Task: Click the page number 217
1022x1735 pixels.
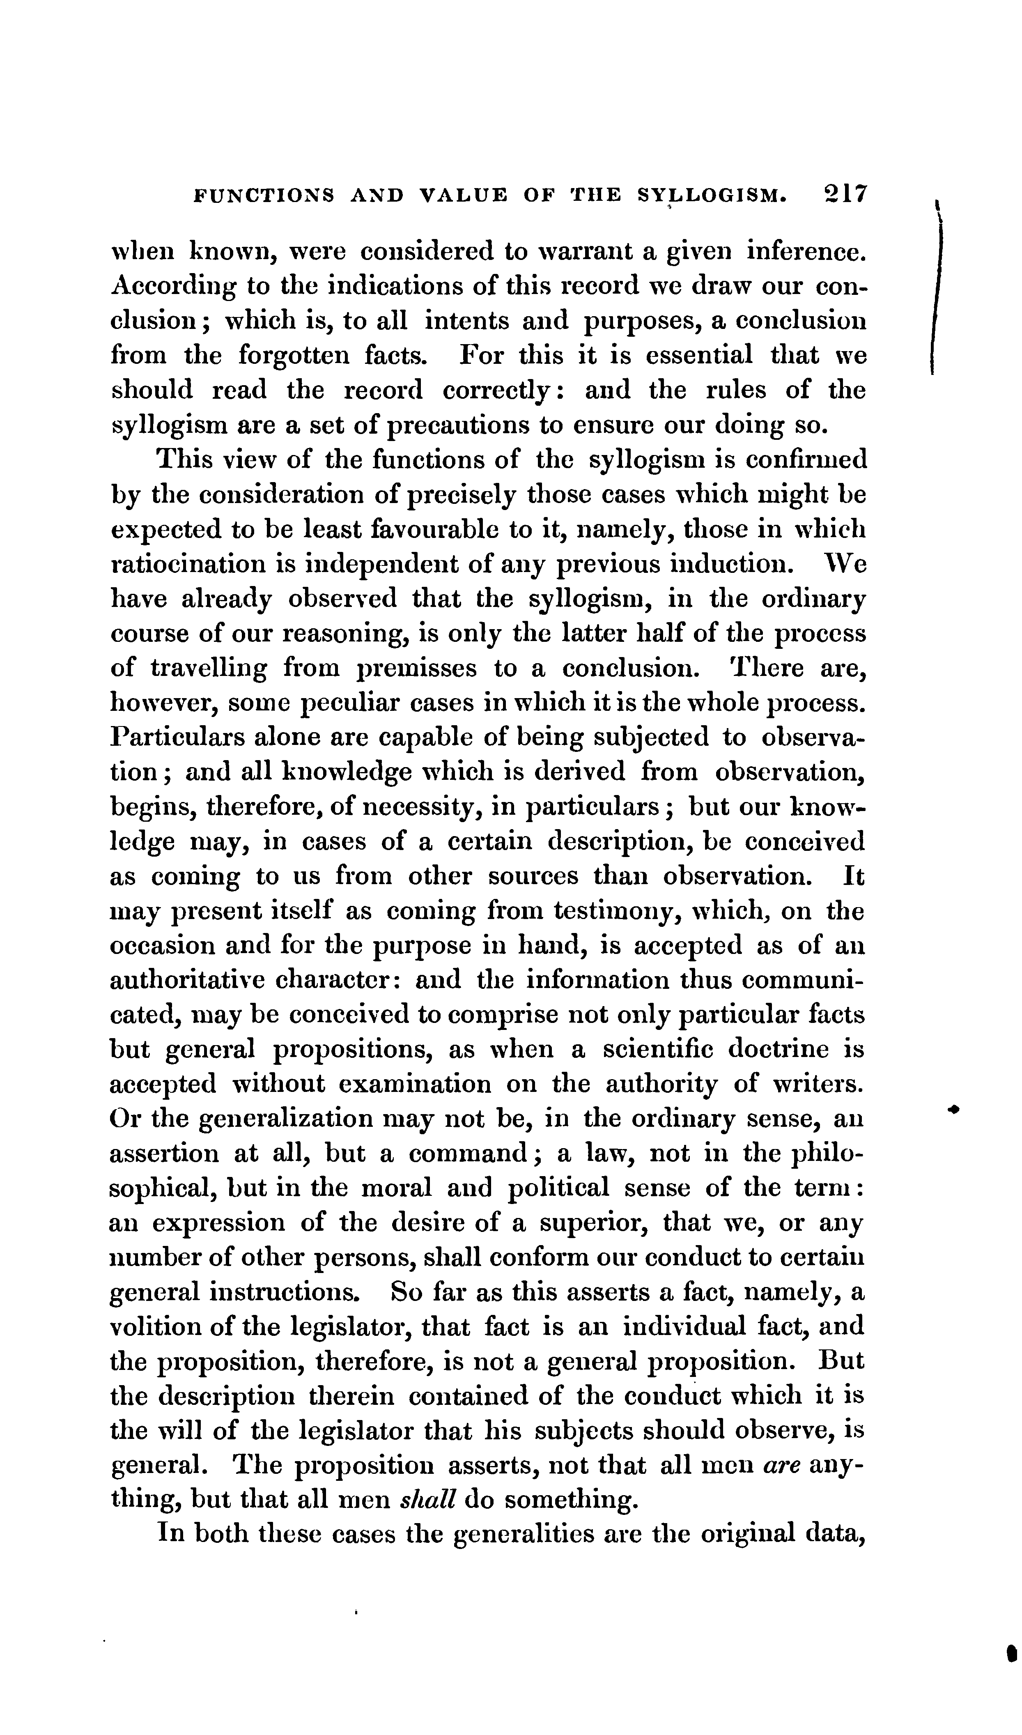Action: tap(845, 194)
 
